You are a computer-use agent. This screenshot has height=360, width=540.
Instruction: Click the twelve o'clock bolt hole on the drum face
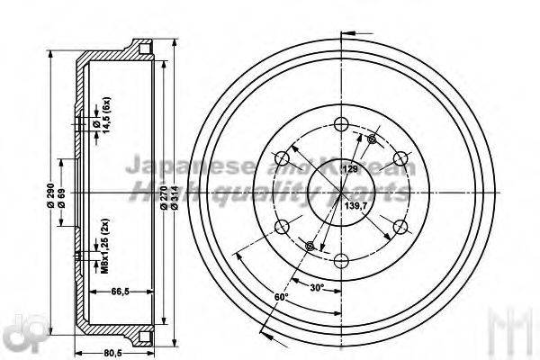(x=340, y=125)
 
